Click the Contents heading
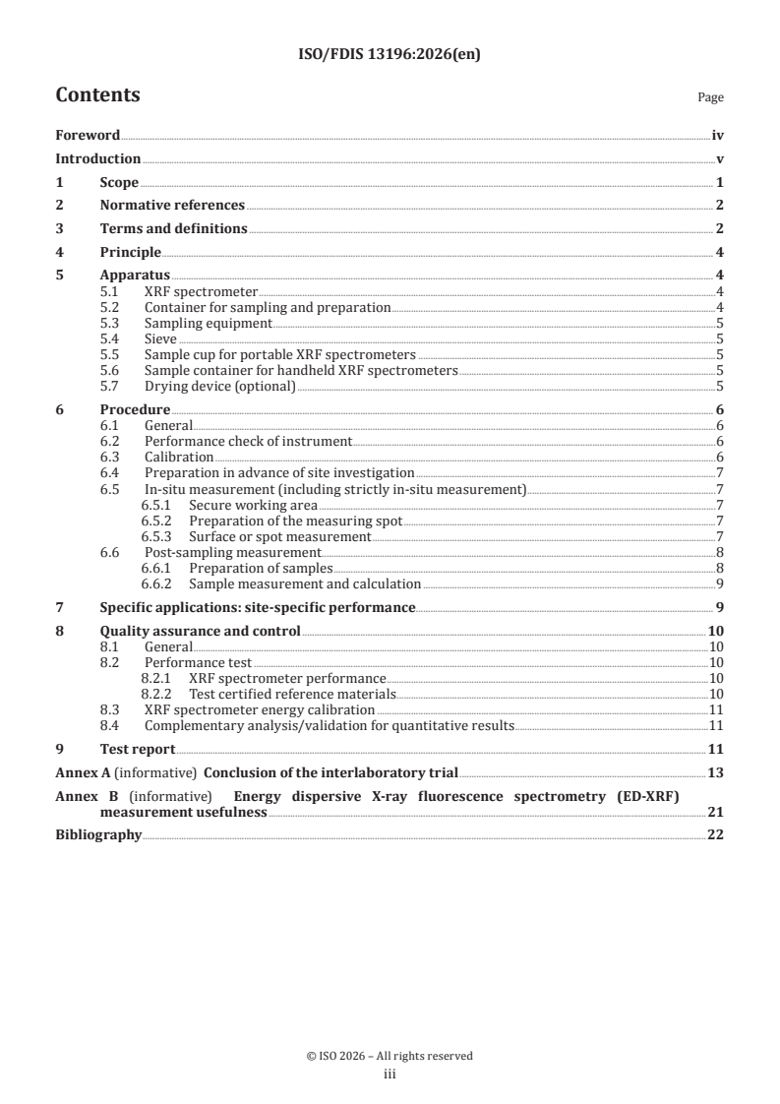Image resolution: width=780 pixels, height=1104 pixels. click(x=97, y=95)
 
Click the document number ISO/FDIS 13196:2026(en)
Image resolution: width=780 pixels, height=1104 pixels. click(x=390, y=55)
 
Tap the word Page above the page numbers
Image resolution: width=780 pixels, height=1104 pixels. click(x=710, y=98)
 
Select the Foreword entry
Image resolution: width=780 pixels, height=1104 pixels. click(x=88, y=136)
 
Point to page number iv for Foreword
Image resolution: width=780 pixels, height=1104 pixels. click(x=718, y=136)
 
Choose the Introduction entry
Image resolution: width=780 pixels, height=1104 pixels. click(x=97, y=159)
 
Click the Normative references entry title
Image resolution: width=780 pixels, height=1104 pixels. click(x=172, y=206)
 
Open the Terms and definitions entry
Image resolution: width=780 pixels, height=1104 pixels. click(x=173, y=229)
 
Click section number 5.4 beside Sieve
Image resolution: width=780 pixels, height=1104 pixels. click(x=111, y=338)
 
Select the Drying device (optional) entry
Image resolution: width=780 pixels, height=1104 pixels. click(x=219, y=386)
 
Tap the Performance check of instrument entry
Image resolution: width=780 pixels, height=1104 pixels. click(x=248, y=442)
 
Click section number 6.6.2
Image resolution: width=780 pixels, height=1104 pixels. click(x=156, y=583)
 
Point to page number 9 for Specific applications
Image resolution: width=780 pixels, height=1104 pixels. click(x=720, y=607)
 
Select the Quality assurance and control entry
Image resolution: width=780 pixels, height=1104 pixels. click(x=201, y=631)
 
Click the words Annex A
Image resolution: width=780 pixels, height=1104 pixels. click(x=76, y=772)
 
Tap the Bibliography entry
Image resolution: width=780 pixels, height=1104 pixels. click(x=98, y=835)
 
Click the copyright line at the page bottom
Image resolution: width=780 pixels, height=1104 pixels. click(x=390, y=1056)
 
